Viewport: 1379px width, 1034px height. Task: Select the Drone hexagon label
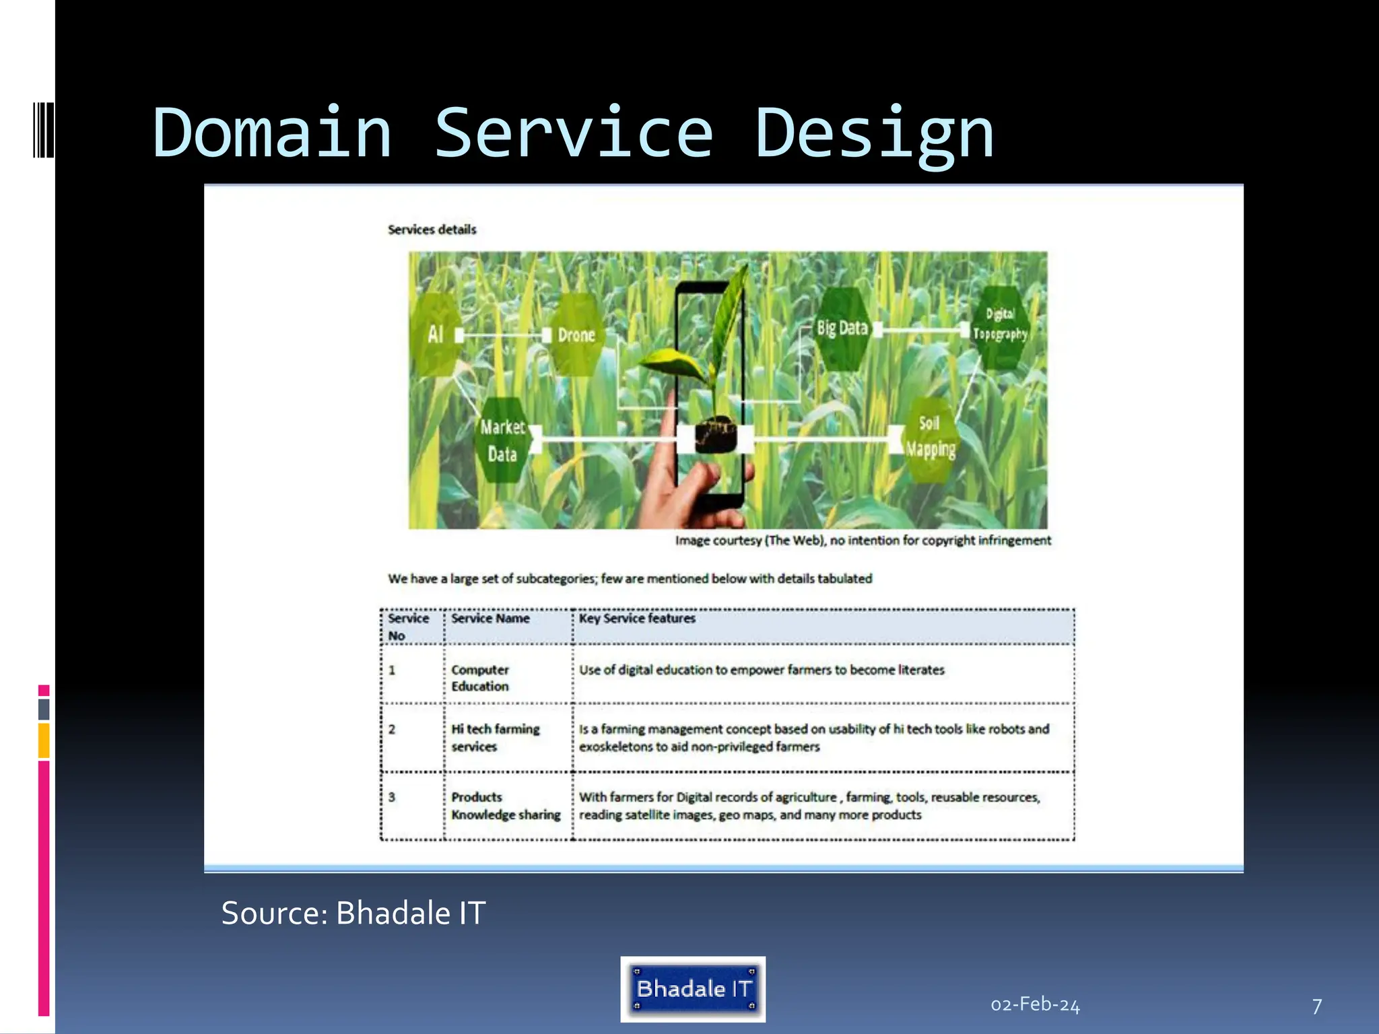point(576,335)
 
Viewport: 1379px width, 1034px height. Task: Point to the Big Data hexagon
point(842,329)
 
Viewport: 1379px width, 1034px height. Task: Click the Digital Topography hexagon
point(1000,324)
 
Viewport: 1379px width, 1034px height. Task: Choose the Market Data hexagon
point(502,440)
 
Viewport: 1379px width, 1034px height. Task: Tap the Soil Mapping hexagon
point(930,437)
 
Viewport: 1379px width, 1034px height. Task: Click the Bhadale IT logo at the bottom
point(693,989)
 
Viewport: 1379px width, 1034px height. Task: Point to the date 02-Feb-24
point(1035,1005)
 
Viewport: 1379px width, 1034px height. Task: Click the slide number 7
point(1317,1006)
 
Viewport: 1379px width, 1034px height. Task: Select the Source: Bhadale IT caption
point(353,914)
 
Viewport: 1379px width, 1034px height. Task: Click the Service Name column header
point(490,619)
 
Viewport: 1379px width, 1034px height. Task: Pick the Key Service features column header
point(637,619)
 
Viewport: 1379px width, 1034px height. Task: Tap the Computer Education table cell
point(480,678)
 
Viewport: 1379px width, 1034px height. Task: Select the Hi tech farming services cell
point(496,738)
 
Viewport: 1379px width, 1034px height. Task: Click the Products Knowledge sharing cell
point(505,806)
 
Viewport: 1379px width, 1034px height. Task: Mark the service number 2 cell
point(392,730)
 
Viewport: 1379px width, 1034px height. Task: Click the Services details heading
point(432,230)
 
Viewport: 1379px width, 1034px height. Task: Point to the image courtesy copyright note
point(863,541)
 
